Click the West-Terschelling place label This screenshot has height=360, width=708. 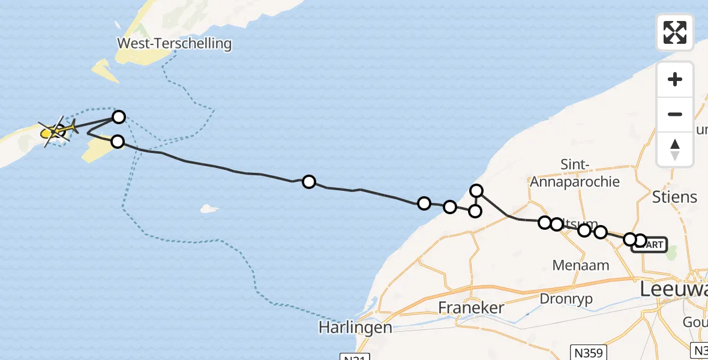175,43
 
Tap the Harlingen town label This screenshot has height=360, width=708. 355,328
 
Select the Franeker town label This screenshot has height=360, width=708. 470,308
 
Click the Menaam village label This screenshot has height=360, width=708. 581,265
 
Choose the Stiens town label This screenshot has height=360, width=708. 674,197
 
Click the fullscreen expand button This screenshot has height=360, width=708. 675,32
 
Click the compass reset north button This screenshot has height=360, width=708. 675,149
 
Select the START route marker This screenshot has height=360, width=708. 650,245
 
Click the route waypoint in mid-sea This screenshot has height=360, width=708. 308,182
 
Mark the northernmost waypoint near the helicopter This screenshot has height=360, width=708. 119,117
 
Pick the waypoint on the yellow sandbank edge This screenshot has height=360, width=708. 118,142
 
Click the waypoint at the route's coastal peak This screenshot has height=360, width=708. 476,191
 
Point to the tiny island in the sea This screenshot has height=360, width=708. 208,209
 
